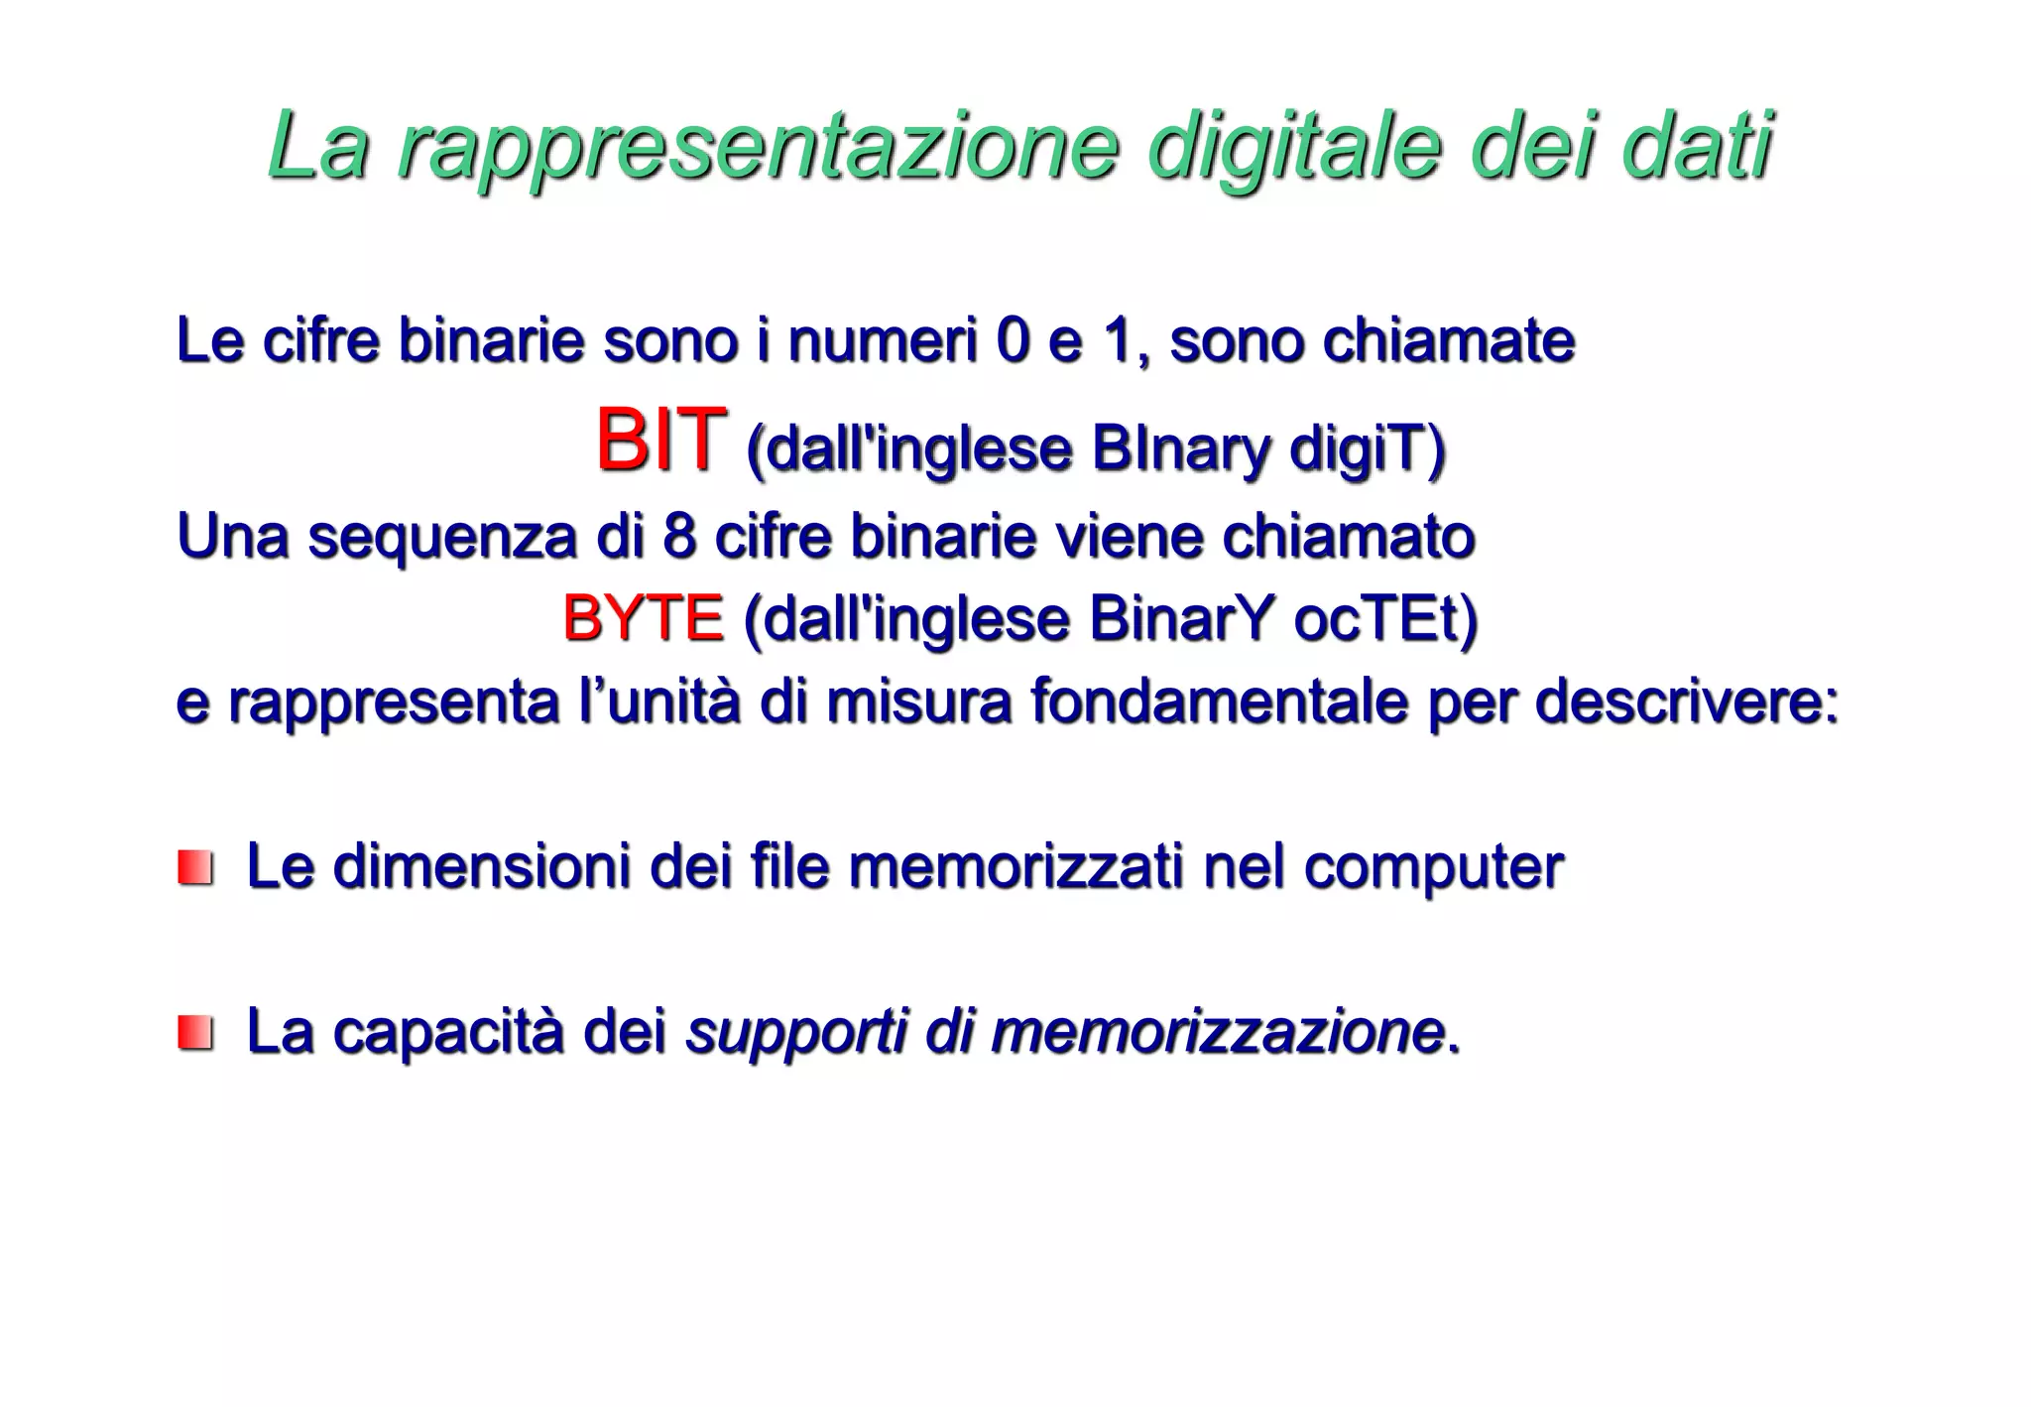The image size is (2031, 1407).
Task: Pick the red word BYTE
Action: [x=643, y=619]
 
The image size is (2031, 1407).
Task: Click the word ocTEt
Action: [x=1384, y=620]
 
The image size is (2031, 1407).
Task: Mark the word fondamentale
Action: [x=1219, y=702]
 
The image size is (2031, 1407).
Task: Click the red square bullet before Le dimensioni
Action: [x=195, y=867]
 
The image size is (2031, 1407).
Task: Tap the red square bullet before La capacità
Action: [x=195, y=1032]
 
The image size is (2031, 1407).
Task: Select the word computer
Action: [x=1433, y=867]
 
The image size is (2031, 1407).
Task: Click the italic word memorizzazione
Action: [x=1217, y=1031]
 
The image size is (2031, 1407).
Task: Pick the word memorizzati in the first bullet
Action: [x=1016, y=865]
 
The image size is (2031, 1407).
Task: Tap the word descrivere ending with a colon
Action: [x=1686, y=702]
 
